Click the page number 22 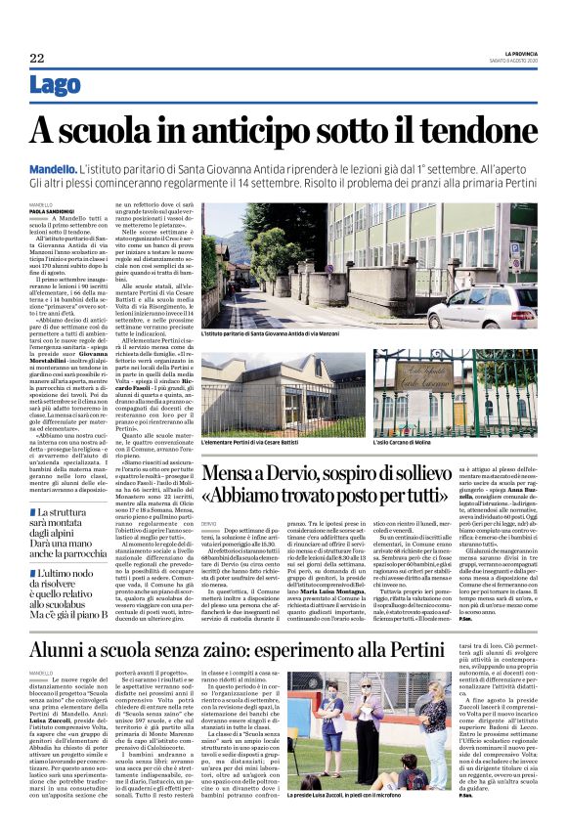pyautogui.click(x=36, y=59)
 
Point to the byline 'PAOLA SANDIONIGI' pyautogui.click(x=54, y=210)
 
